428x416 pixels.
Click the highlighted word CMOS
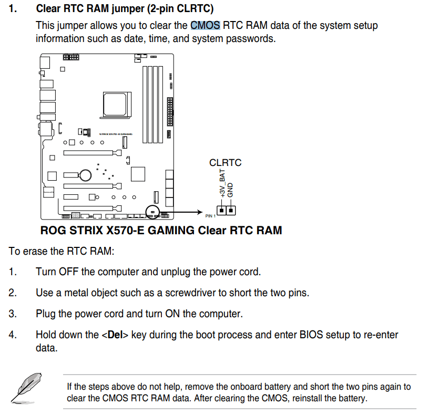pyautogui.click(x=205, y=25)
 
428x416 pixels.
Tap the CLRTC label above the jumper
pyautogui.click(x=225, y=163)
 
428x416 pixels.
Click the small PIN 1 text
pyautogui.click(x=210, y=216)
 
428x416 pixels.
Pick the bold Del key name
pyautogui.click(x=115, y=335)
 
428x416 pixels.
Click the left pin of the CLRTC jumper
pyautogui.click(x=222, y=210)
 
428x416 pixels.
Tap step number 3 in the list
pyautogui.click(x=12, y=314)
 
